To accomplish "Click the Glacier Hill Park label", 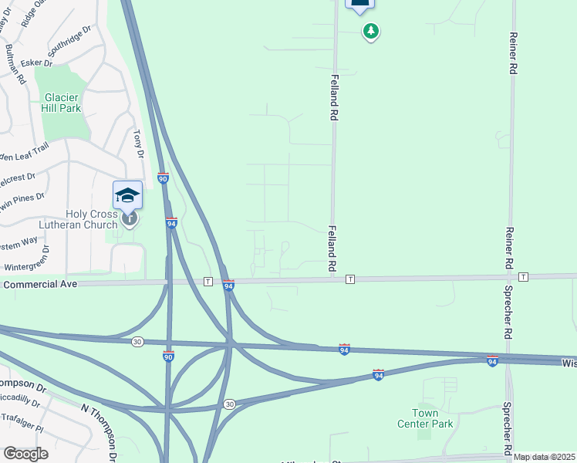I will (x=62, y=103).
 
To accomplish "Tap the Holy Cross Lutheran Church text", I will (x=80, y=219).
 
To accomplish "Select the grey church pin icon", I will (x=129, y=218).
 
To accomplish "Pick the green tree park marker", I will (x=372, y=32).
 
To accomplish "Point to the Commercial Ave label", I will (x=41, y=285).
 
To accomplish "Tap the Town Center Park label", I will (x=425, y=418).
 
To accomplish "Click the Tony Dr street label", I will (x=140, y=143).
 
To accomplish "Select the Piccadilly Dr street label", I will (x=22, y=400).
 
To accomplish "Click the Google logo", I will (x=25, y=454).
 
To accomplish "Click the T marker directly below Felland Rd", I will (x=350, y=278).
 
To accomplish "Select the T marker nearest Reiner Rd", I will (x=524, y=276).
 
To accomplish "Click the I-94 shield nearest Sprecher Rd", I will (x=492, y=360).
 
